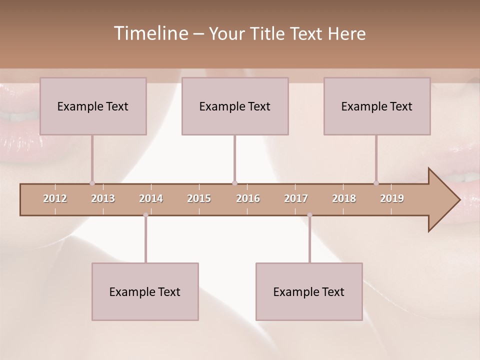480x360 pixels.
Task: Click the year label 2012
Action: pos(55,198)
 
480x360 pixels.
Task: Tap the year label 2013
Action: pos(103,198)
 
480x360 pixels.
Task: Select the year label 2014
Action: pos(151,198)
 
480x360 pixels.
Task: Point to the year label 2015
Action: pos(199,198)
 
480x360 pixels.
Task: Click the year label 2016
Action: pos(248,198)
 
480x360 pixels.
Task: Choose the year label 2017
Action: pos(296,198)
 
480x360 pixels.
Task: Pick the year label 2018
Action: pos(344,198)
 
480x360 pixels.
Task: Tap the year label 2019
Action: pos(392,198)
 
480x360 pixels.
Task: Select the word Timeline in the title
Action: pos(149,33)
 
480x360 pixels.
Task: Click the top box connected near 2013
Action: pos(93,106)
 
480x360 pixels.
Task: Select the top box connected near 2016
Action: pos(235,106)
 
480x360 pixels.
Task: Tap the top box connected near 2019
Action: pos(377,106)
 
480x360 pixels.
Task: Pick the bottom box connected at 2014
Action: pos(145,291)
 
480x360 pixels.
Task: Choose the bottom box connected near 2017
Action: pos(309,291)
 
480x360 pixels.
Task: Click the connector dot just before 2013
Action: pos(92,183)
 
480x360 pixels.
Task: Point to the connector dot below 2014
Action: pos(145,215)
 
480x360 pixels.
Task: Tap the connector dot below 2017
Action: pos(309,215)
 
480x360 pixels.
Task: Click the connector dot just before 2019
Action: pos(376,183)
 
